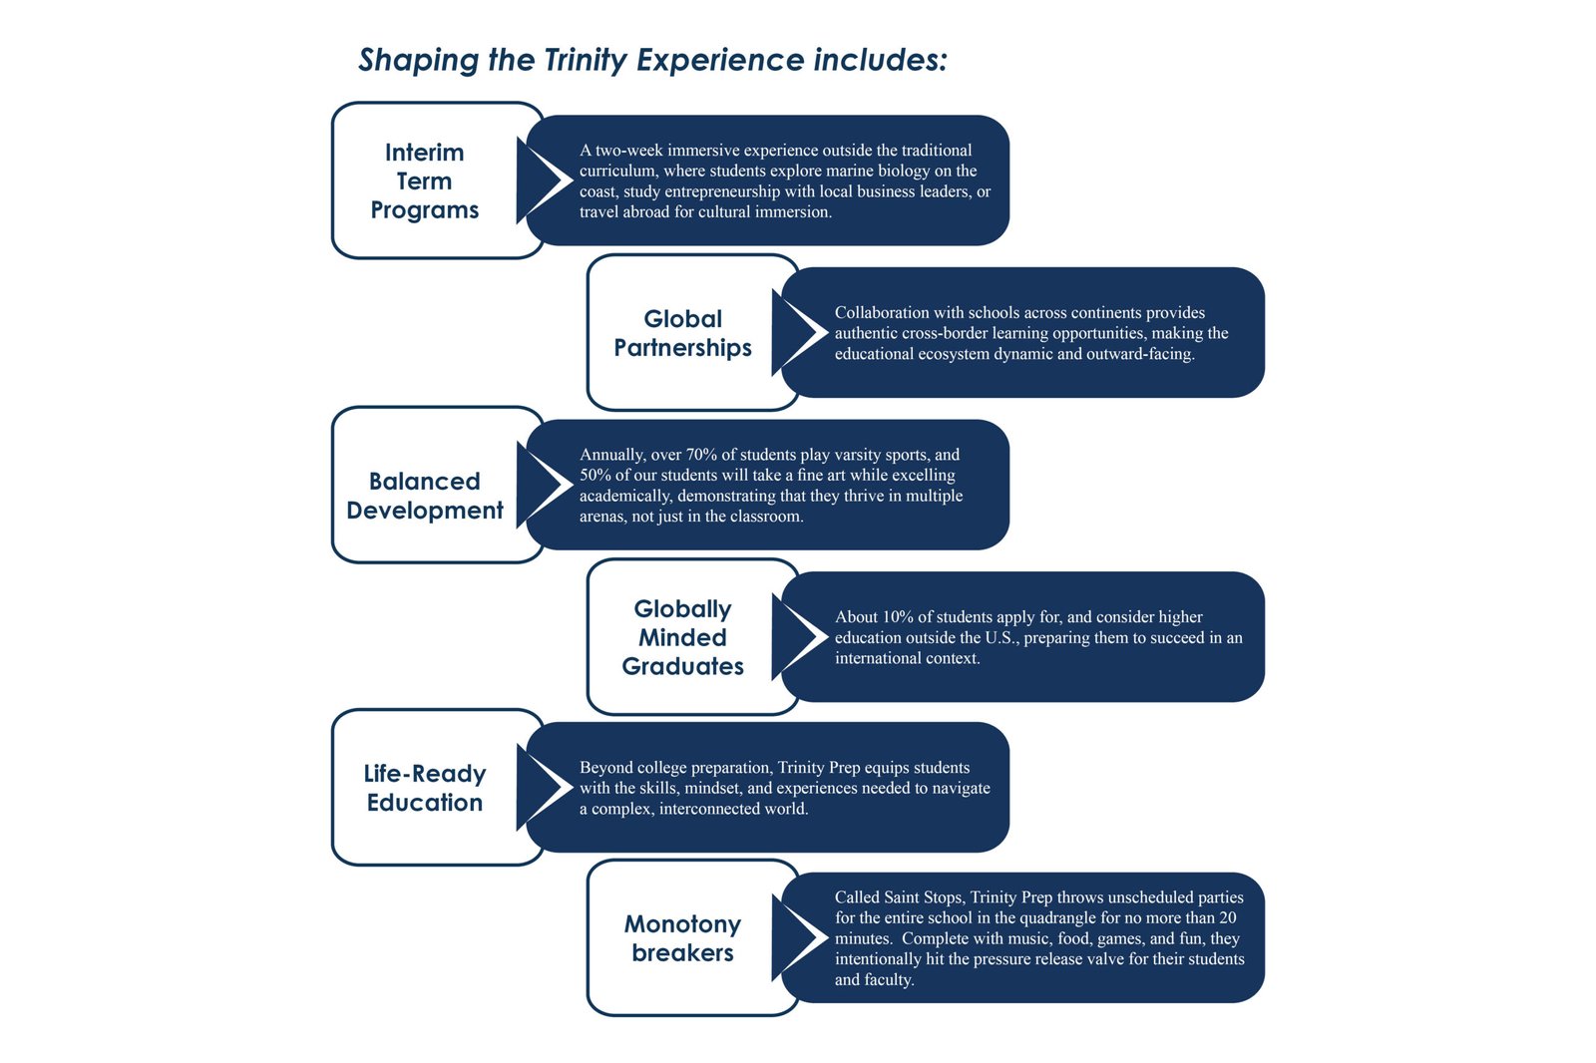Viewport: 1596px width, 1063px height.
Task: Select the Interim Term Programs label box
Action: click(x=425, y=180)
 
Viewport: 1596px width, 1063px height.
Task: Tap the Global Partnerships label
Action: click(x=682, y=333)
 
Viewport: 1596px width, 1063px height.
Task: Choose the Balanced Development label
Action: click(x=425, y=496)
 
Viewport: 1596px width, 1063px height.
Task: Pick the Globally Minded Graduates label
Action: click(x=682, y=637)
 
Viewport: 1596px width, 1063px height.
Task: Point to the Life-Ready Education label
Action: click(x=425, y=788)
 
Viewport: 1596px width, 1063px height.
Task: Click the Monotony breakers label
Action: click(x=682, y=938)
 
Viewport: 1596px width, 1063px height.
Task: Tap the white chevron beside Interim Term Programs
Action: click(x=546, y=180)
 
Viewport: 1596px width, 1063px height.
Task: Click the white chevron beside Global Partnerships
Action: click(x=801, y=333)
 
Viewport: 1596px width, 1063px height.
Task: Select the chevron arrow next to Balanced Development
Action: click(x=546, y=485)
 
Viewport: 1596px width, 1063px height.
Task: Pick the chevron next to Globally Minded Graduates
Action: click(x=801, y=637)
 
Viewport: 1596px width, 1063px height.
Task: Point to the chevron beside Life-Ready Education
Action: click(x=546, y=788)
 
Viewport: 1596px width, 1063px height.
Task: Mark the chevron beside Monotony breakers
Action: click(x=801, y=938)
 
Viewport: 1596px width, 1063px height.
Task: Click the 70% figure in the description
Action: click(x=701, y=455)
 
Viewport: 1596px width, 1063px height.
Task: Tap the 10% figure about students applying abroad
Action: click(x=898, y=617)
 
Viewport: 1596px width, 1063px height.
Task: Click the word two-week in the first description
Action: click(x=628, y=151)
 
